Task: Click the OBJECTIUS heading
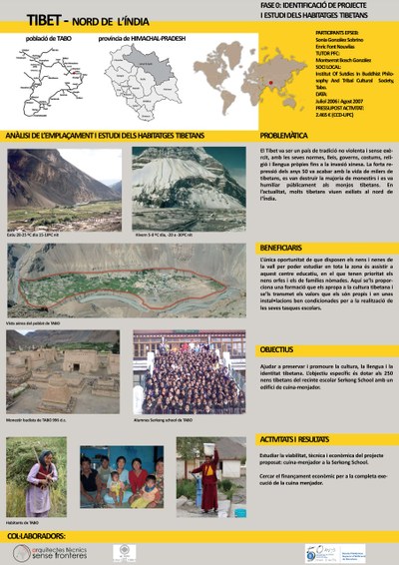click(x=276, y=350)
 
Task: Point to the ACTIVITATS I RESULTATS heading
click(x=296, y=439)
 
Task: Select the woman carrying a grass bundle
click(x=44, y=477)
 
